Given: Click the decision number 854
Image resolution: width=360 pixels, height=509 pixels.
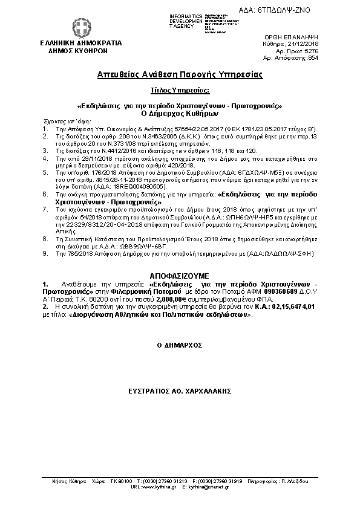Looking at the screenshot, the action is coord(338,59).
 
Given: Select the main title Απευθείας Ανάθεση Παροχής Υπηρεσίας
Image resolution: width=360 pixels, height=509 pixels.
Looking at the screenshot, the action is coord(180,75).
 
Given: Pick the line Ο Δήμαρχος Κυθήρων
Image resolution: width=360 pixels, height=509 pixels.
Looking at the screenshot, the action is coord(180,112).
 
